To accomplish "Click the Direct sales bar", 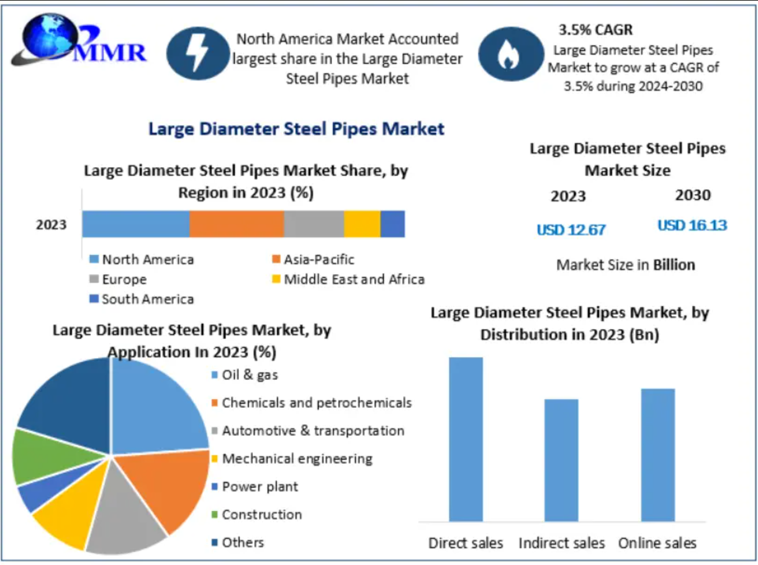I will click(x=466, y=439).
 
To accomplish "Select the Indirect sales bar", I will click(x=561, y=460).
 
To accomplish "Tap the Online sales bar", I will click(x=657, y=454).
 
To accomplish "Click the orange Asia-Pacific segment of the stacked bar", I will click(x=237, y=224).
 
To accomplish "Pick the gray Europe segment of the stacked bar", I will click(x=314, y=224).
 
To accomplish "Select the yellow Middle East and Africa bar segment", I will click(x=362, y=224).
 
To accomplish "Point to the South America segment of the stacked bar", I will click(x=392, y=224).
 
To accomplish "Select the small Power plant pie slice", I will click(x=34, y=497).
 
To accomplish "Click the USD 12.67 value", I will click(x=571, y=230).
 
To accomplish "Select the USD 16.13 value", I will click(x=692, y=225).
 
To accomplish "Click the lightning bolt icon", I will click(x=198, y=54).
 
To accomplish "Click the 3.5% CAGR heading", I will click(x=595, y=29).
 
